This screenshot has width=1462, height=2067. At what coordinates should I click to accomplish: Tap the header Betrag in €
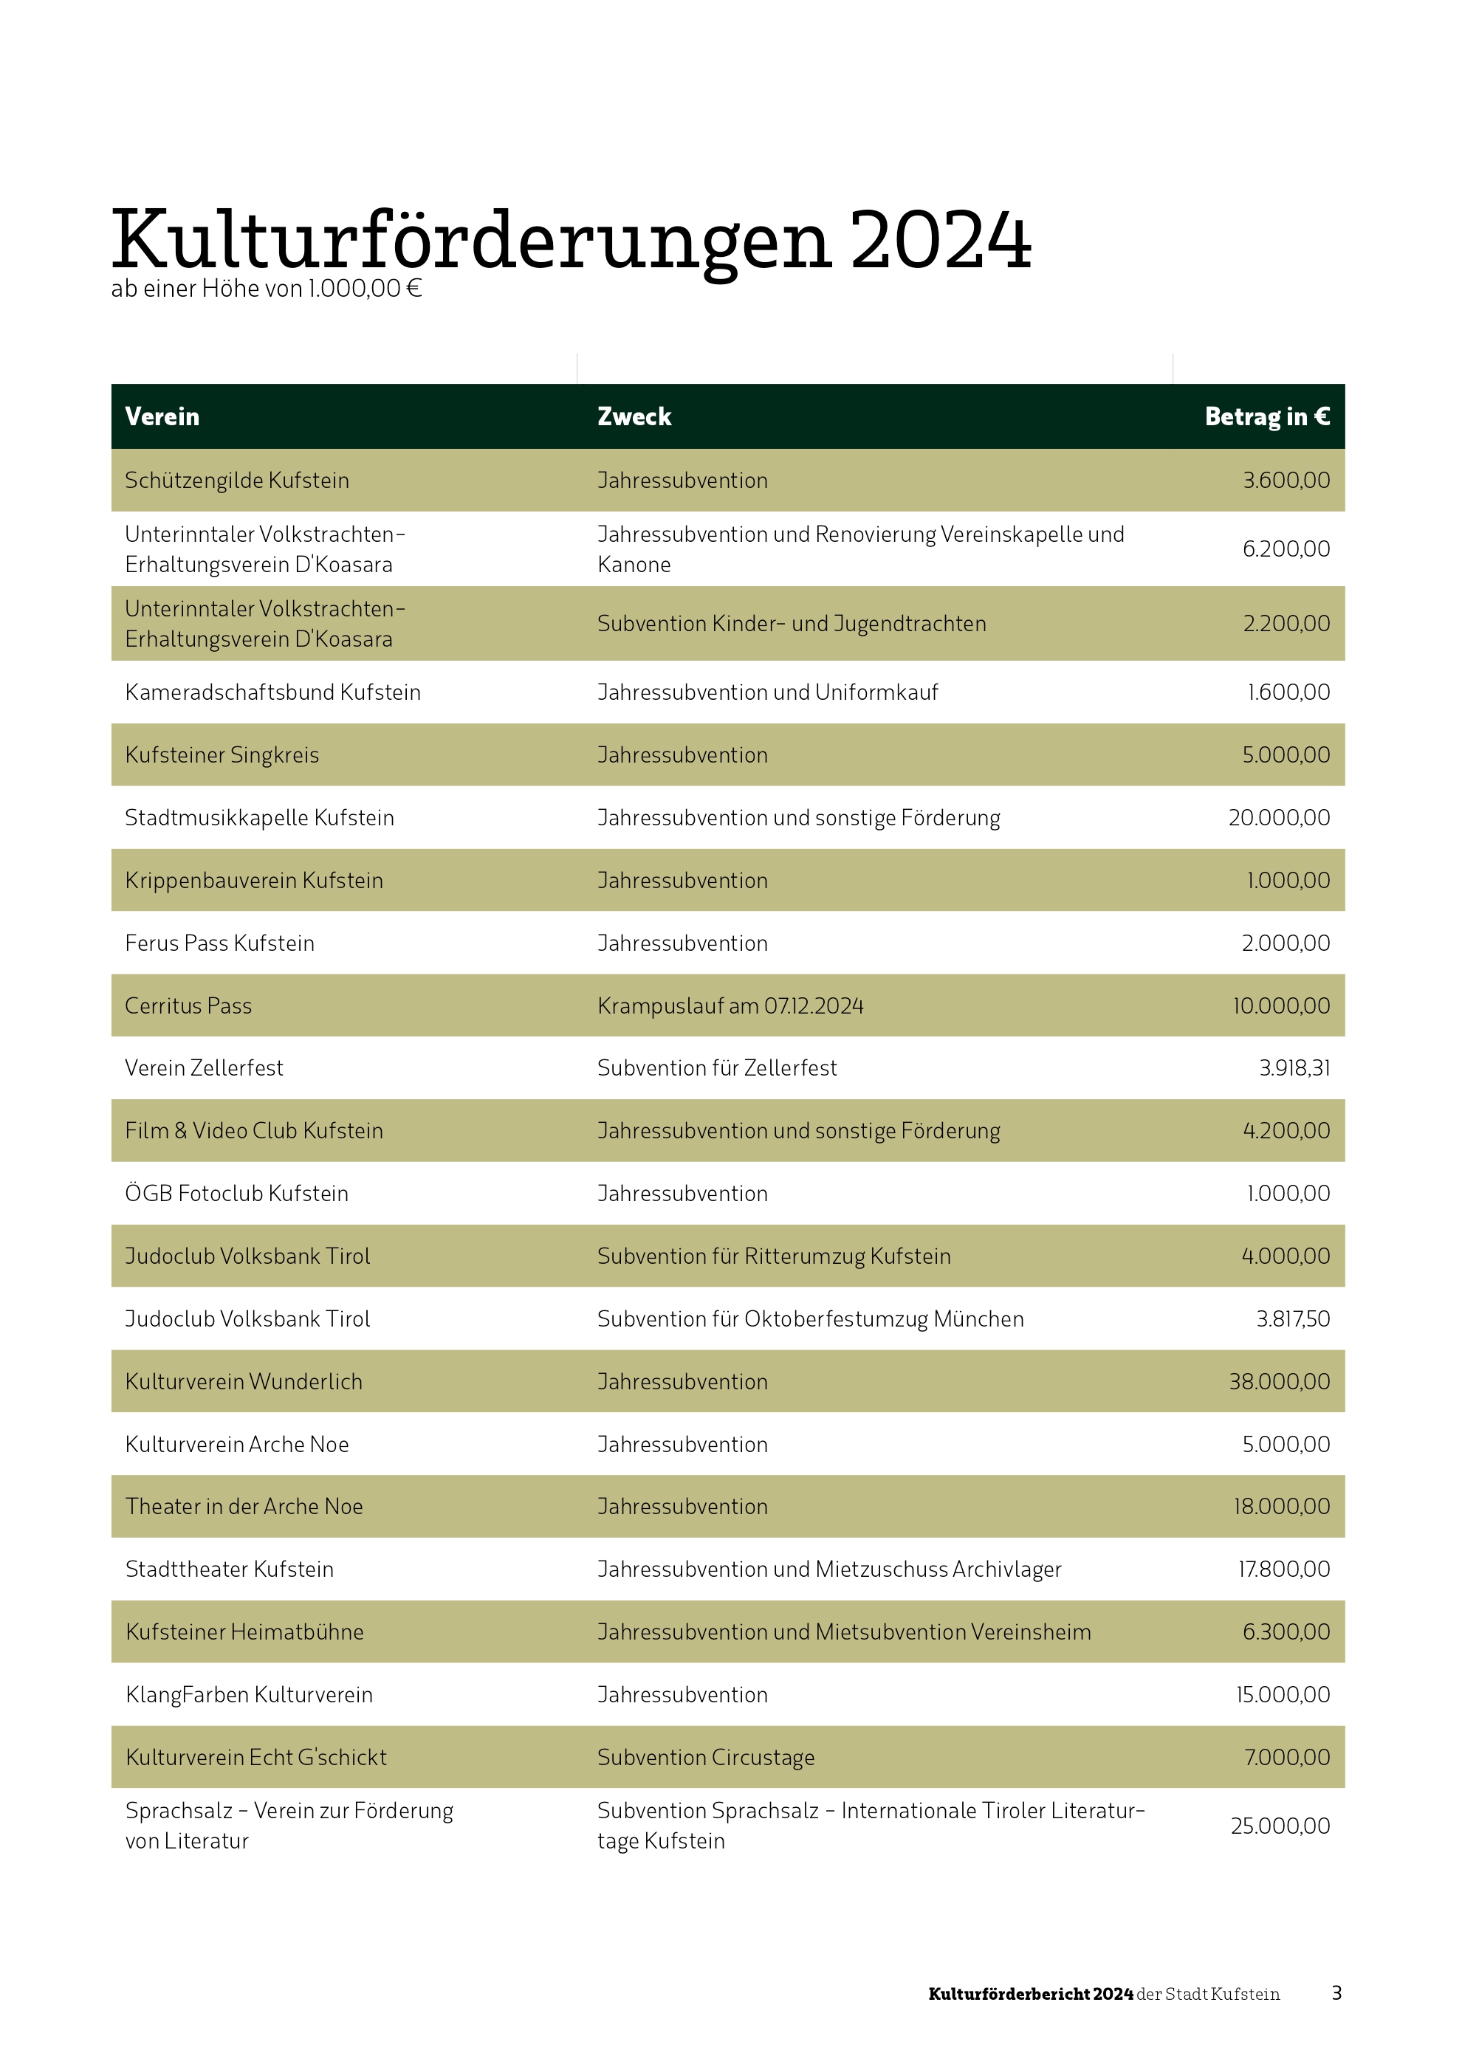pyautogui.click(x=1266, y=417)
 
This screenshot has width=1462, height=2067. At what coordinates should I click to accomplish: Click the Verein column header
pyautogui.click(x=162, y=417)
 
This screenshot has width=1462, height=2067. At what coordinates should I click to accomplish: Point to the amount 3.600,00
pyautogui.click(x=1286, y=481)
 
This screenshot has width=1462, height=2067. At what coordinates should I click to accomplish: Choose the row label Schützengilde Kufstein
pyautogui.click(x=237, y=481)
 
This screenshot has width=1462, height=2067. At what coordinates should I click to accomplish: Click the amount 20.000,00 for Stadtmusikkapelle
pyautogui.click(x=1278, y=819)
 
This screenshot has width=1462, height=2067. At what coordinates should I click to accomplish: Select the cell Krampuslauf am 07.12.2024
pyautogui.click(x=730, y=1006)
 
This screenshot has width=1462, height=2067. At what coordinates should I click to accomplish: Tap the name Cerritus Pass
pyautogui.click(x=188, y=1006)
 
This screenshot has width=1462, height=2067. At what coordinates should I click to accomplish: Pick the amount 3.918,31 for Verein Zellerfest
pyautogui.click(x=1294, y=1069)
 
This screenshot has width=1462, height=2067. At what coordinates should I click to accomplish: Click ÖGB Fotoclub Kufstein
pyautogui.click(x=237, y=1194)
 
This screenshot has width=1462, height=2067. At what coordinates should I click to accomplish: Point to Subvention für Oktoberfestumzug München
pyautogui.click(x=810, y=1320)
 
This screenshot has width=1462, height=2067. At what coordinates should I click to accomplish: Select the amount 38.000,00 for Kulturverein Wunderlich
pyautogui.click(x=1279, y=1382)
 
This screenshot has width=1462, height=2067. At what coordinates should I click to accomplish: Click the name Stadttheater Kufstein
pyautogui.click(x=230, y=1570)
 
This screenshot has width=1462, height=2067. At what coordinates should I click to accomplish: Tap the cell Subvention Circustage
pyautogui.click(x=706, y=1758)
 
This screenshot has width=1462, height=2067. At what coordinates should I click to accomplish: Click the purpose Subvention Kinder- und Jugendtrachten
pyautogui.click(x=792, y=624)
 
